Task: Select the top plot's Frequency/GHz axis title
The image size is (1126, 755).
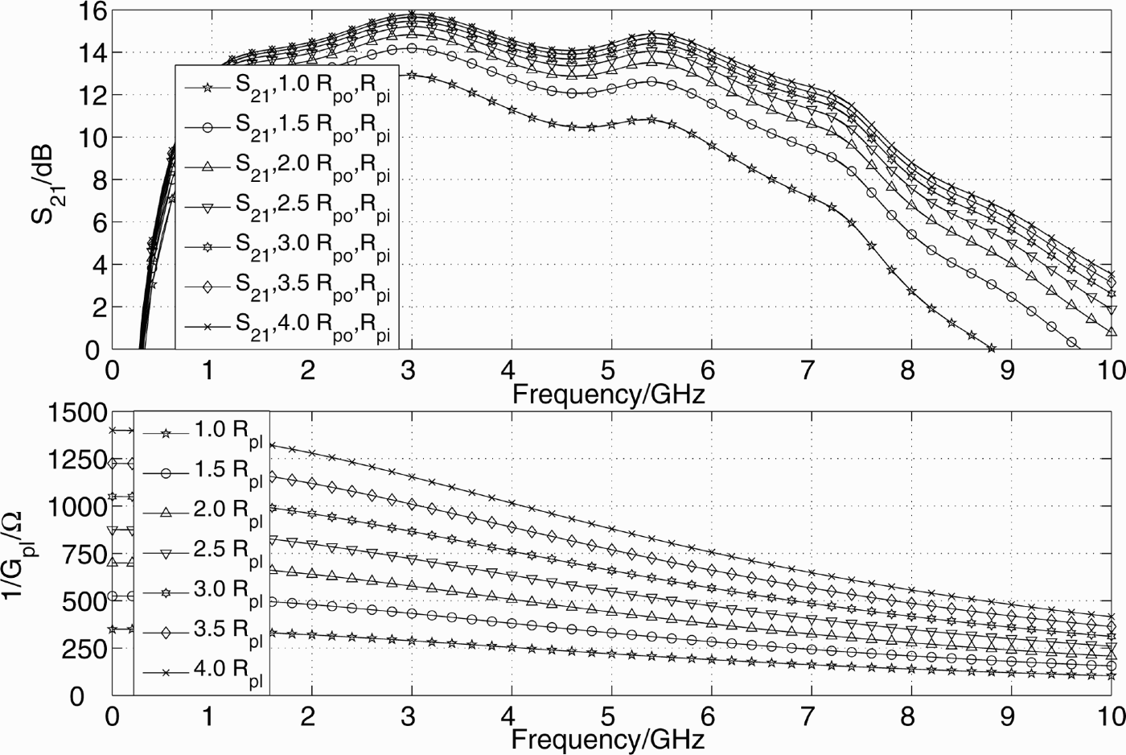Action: [608, 394]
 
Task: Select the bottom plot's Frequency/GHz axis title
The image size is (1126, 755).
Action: [608, 738]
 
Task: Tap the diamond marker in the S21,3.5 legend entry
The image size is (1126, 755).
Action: [207, 287]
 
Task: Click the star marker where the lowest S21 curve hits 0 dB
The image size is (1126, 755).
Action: [991, 348]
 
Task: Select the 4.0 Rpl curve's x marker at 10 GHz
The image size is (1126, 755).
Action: [1112, 617]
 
